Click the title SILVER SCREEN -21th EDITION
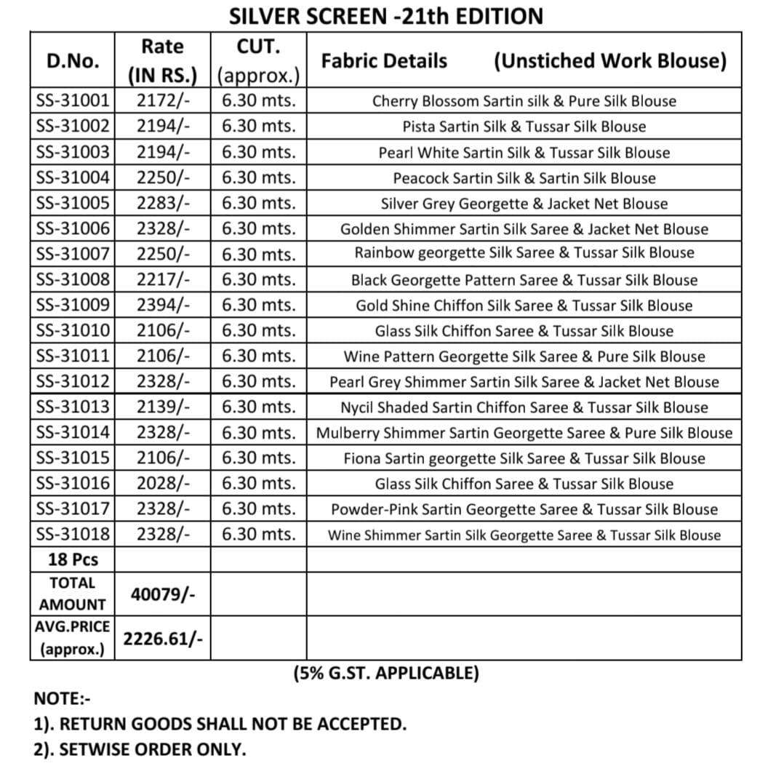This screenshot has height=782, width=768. (x=385, y=16)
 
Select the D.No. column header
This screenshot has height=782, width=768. (x=73, y=61)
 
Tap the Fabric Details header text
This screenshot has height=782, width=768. (x=384, y=61)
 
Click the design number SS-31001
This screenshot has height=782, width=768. (x=73, y=101)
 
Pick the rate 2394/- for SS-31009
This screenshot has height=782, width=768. (x=163, y=306)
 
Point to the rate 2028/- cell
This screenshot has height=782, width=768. (x=163, y=483)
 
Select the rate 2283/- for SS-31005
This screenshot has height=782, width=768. (x=163, y=204)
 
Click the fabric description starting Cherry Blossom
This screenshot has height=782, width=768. (x=524, y=101)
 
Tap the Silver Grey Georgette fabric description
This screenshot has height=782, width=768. (x=524, y=204)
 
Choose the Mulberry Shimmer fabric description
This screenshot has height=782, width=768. (x=524, y=433)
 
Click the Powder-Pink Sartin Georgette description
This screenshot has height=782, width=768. (x=524, y=509)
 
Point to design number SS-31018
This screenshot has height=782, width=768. (x=73, y=535)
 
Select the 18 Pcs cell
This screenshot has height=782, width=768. (x=73, y=559)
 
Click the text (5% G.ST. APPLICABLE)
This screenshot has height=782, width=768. (x=385, y=673)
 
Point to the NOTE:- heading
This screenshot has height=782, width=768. (x=62, y=699)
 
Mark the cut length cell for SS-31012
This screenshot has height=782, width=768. (x=259, y=382)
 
